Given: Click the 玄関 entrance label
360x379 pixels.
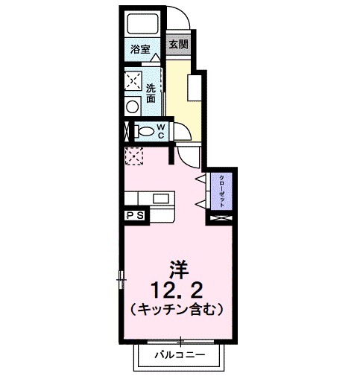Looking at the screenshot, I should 177,45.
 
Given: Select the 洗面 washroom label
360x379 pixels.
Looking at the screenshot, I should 151,91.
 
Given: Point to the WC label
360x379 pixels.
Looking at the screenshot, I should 160,131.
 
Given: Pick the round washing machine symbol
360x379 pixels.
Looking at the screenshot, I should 133,105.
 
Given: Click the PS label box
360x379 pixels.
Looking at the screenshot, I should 136,215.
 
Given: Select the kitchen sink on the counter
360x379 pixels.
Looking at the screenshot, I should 161,198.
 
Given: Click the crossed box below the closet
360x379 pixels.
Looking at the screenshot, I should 221,220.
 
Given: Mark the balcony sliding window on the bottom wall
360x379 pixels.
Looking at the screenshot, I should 180,340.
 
